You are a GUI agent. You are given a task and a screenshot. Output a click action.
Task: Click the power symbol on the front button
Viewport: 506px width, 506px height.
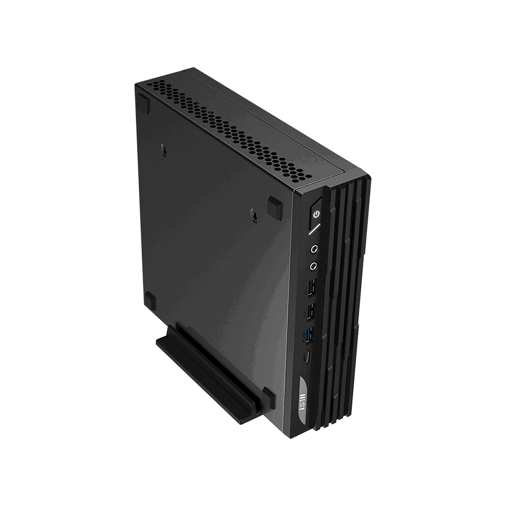pos(317,213)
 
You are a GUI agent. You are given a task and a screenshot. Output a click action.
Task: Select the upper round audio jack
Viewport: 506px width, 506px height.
pos(314,249)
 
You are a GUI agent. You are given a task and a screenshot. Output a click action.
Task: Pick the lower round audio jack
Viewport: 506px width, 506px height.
pos(313,266)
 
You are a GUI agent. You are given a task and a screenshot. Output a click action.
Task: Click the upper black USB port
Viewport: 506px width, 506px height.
pos(312,288)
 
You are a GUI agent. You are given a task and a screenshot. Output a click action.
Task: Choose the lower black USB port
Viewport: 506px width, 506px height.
pos(311,312)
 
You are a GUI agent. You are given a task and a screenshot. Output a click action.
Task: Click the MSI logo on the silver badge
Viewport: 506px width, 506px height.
pos(302,401)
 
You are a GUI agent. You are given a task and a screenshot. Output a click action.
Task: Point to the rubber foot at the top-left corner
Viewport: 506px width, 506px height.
pos(143,102)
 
